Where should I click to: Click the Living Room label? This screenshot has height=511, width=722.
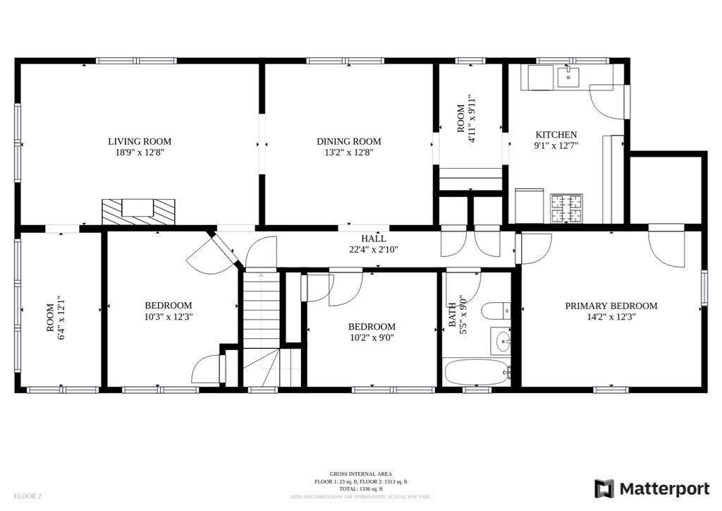click(139, 141)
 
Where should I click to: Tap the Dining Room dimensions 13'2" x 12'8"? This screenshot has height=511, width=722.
click(348, 152)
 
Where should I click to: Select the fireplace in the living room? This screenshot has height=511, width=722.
click(138, 210)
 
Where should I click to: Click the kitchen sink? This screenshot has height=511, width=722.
click(568, 77)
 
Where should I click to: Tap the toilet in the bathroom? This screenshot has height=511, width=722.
click(496, 311)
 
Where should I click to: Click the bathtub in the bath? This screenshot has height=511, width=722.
click(477, 372)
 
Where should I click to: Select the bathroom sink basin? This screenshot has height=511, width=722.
click(501, 343)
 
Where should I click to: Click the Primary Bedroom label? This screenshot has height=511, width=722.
click(611, 306)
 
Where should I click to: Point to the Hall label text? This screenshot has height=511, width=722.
click(374, 239)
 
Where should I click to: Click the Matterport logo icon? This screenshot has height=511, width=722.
click(604, 488)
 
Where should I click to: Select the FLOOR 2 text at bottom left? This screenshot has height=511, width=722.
click(27, 496)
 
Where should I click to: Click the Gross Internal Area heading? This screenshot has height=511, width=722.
click(361, 474)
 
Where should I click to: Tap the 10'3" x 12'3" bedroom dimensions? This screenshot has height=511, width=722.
click(168, 316)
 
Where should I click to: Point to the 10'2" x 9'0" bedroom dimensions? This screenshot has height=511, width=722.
click(372, 337)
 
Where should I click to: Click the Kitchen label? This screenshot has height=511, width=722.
click(556, 135)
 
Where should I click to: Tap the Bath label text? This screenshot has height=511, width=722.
click(453, 318)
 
